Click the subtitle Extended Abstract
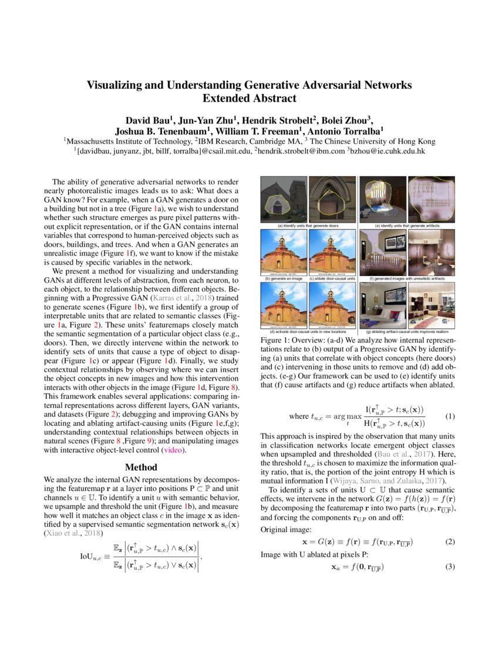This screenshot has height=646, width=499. (249, 98)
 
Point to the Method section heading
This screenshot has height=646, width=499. (141, 467)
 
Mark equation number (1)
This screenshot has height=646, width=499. (450, 416)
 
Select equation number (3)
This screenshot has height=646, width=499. (450, 567)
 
